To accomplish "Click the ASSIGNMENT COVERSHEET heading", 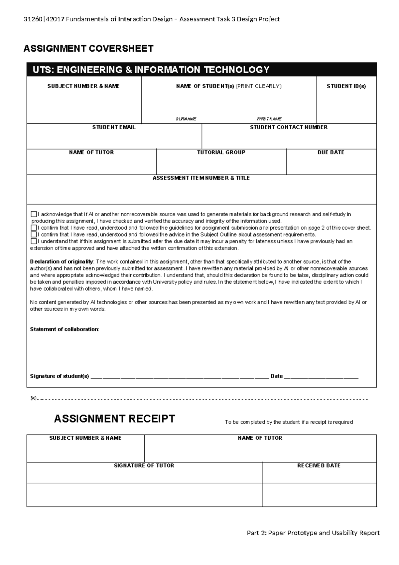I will tap(88, 49).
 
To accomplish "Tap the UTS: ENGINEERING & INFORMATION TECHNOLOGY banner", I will tap(151, 70).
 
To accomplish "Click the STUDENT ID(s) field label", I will tap(346, 86).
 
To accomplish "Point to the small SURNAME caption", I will tap(186, 119).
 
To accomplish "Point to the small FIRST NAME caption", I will tap(269, 119).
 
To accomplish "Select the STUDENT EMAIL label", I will tap(114, 127).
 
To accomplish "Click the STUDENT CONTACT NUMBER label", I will tap(289, 127).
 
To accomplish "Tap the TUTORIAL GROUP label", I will tap(221, 152).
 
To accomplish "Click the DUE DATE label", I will tap(331, 152).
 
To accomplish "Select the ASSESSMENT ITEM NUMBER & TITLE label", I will tap(201, 178).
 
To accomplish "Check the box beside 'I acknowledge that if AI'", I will tap(34, 214).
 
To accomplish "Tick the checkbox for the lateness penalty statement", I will tap(34, 241).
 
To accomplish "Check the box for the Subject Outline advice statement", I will tap(34, 235).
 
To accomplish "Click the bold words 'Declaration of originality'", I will tap(62, 262).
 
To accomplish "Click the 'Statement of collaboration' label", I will tap(64, 329).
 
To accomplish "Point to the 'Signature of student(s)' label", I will tap(60, 376).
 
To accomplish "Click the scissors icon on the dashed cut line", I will tap(33, 398).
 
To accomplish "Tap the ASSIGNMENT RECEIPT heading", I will tap(114, 419).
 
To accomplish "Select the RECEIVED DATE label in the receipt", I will tap(319, 465).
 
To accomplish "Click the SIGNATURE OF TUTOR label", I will tap(144, 465).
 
